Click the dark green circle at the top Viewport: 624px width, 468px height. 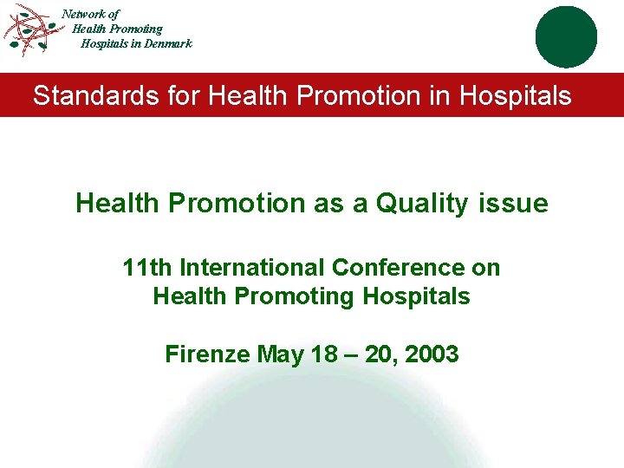[x=566, y=37]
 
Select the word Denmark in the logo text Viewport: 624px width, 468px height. [x=168, y=43]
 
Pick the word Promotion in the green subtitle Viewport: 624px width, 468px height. [x=230, y=204]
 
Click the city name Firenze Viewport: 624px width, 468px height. [x=208, y=354]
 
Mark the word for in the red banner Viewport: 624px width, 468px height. [x=184, y=95]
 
